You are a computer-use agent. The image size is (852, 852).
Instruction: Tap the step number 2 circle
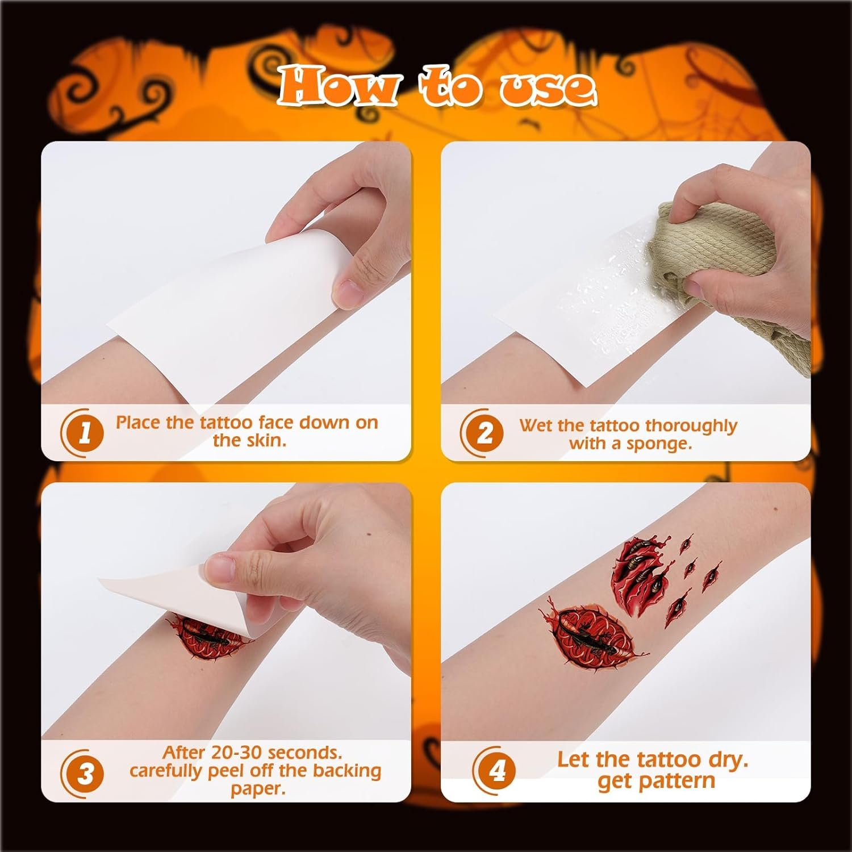pyautogui.click(x=484, y=433)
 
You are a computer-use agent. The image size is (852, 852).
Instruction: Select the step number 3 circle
pyautogui.click(x=84, y=774)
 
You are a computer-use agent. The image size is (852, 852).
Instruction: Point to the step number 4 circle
pyautogui.click(x=496, y=771)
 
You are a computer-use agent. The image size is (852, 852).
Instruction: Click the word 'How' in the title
pyautogui.click(x=337, y=86)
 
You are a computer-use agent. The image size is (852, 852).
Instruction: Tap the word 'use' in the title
pyautogui.click(x=548, y=88)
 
